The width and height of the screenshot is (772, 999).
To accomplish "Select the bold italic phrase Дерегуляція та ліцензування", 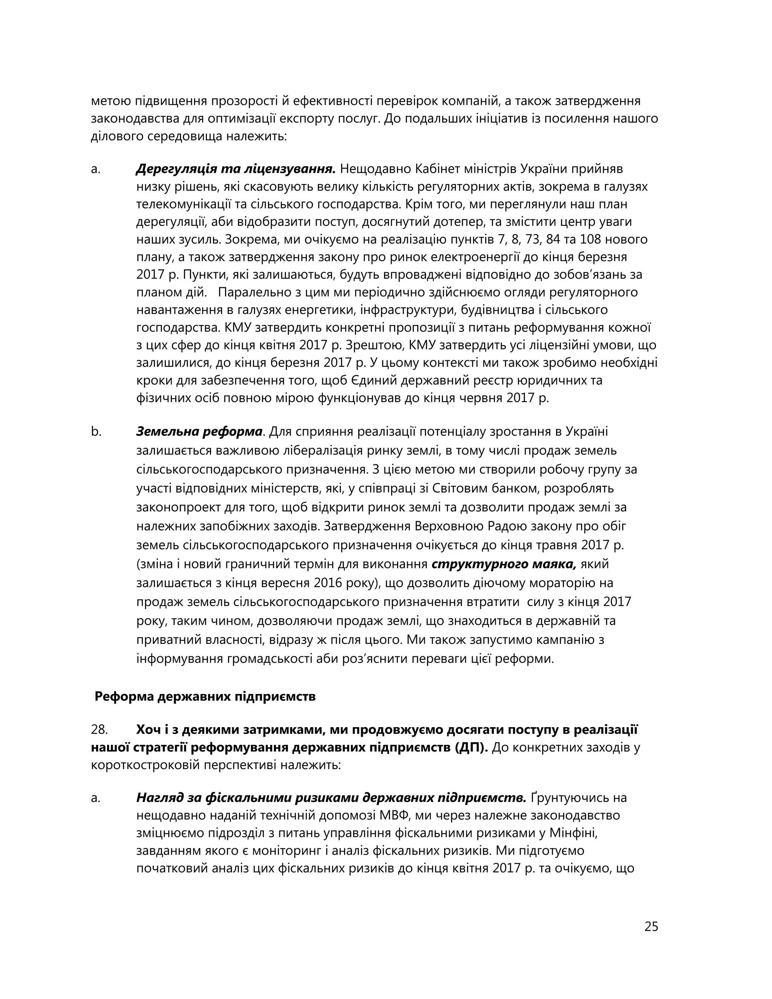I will click(236, 169).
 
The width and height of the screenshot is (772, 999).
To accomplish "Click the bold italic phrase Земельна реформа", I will click(199, 431).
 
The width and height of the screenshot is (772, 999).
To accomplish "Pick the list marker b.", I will click(96, 431).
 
